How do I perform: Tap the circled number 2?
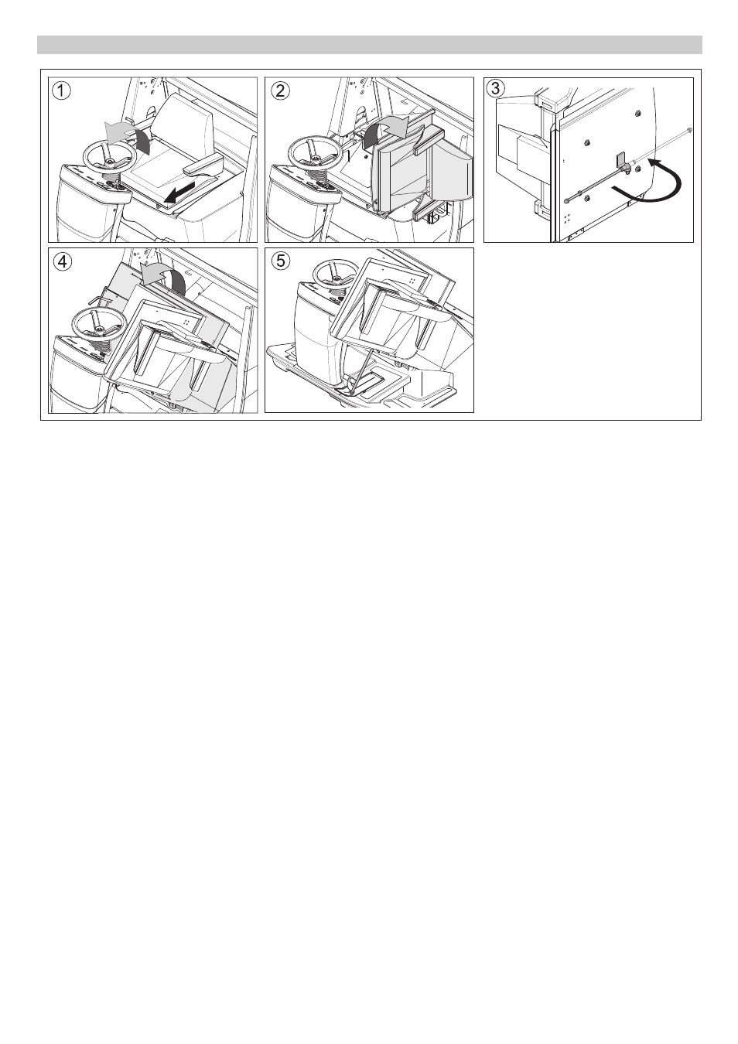pyautogui.click(x=280, y=90)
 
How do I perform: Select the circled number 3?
pyautogui.click(x=495, y=88)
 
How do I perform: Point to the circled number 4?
pyautogui.click(x=62, y=262)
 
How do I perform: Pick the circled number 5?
pyautogui.click(x=280, y=261)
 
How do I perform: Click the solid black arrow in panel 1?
pyautogui.click(x=179, y=193)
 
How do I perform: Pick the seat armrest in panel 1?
pyautogui.click(x=202, y=165)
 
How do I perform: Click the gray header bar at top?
pyautogui.click(x=369, y=45)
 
